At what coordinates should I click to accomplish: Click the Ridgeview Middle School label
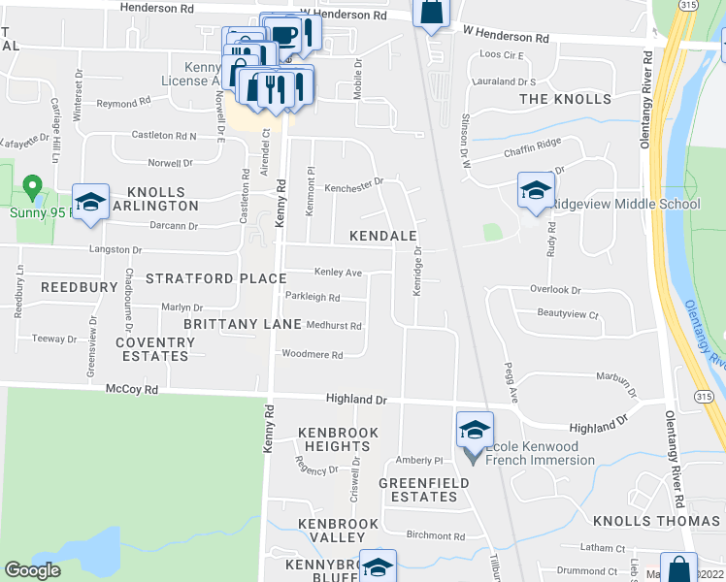point(625,205)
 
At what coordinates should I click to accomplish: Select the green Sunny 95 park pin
point(32,185)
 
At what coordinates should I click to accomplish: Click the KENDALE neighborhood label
point(384,237)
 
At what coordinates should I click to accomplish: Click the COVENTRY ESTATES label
point(151,349)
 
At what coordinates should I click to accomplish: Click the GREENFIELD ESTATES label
point(417,490)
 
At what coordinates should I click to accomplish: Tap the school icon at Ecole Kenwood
point(474,430)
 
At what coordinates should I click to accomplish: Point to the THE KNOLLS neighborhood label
point(566,100)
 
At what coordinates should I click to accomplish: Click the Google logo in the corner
point(32,570)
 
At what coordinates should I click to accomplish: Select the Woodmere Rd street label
point(312,355)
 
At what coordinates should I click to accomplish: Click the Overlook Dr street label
point(555,289)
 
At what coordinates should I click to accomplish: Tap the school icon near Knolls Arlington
point(90,203)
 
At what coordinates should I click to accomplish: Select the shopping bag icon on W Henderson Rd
point(431,13)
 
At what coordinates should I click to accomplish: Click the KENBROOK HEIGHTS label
point(335,438)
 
